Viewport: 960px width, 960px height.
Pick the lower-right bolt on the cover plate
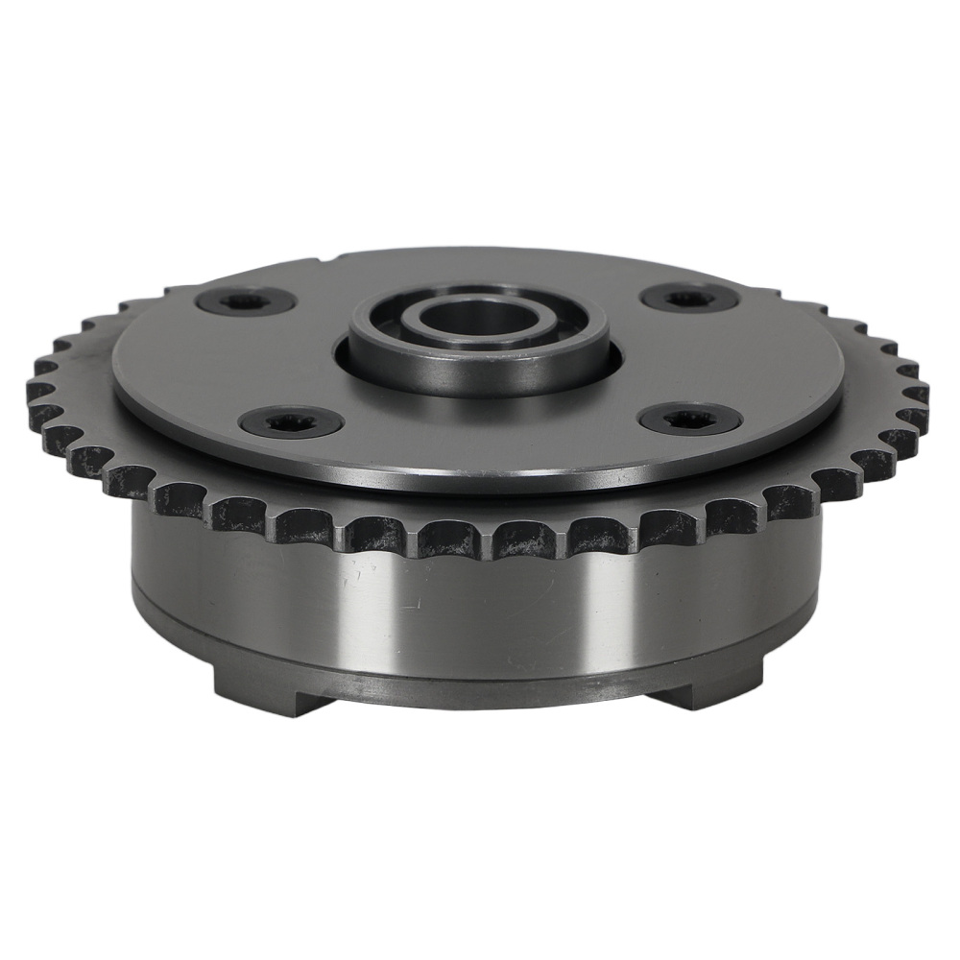(x=688, y=418)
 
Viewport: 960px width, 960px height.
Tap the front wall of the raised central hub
(x=477, y=373)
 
